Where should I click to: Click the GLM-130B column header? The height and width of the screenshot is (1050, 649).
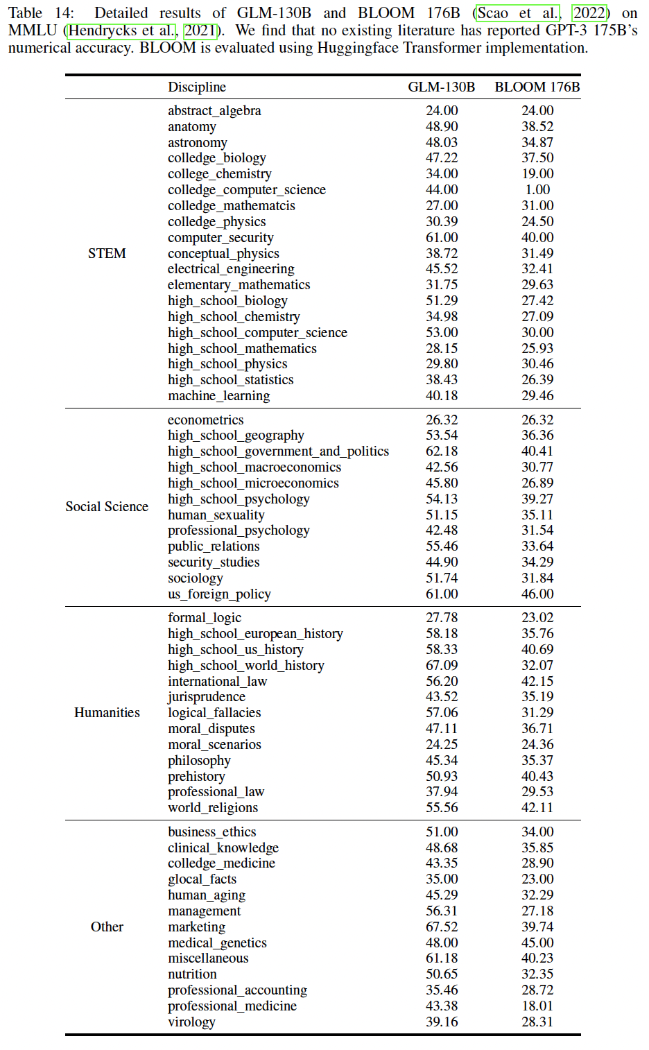[x=442, y=87]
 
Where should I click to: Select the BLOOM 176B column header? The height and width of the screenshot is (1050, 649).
[x=537, y=87]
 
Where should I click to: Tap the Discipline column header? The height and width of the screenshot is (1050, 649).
[x=197, y=87]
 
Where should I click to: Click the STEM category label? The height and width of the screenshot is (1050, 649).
[x=107, y=253]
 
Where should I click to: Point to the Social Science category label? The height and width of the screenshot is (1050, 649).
[x=107, y=506]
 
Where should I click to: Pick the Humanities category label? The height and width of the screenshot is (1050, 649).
[x=107, y=712]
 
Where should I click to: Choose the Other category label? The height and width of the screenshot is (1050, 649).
[x=107, y=927]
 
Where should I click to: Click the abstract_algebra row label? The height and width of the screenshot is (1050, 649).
[x=214, y=110]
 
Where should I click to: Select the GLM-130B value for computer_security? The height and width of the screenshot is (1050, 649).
[x=442, y=237]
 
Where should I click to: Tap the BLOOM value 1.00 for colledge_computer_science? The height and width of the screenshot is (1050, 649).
[x=537, y=189]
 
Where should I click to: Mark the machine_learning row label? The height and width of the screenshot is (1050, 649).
[x=218, y=395]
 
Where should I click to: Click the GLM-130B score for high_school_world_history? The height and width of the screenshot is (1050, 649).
[x=442, y=665]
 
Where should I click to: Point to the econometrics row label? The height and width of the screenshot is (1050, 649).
[x=205, y=420]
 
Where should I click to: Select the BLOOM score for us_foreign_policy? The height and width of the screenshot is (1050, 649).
[x=537, y=594]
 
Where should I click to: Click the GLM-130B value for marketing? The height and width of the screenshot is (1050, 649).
[x=442, y=927]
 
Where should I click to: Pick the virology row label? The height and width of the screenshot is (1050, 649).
[x=191, y=1022]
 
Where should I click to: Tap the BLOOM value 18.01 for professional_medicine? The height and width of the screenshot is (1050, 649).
[x=537, y=1006]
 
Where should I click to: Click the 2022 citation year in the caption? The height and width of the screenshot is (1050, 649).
[x=589, y=13]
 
